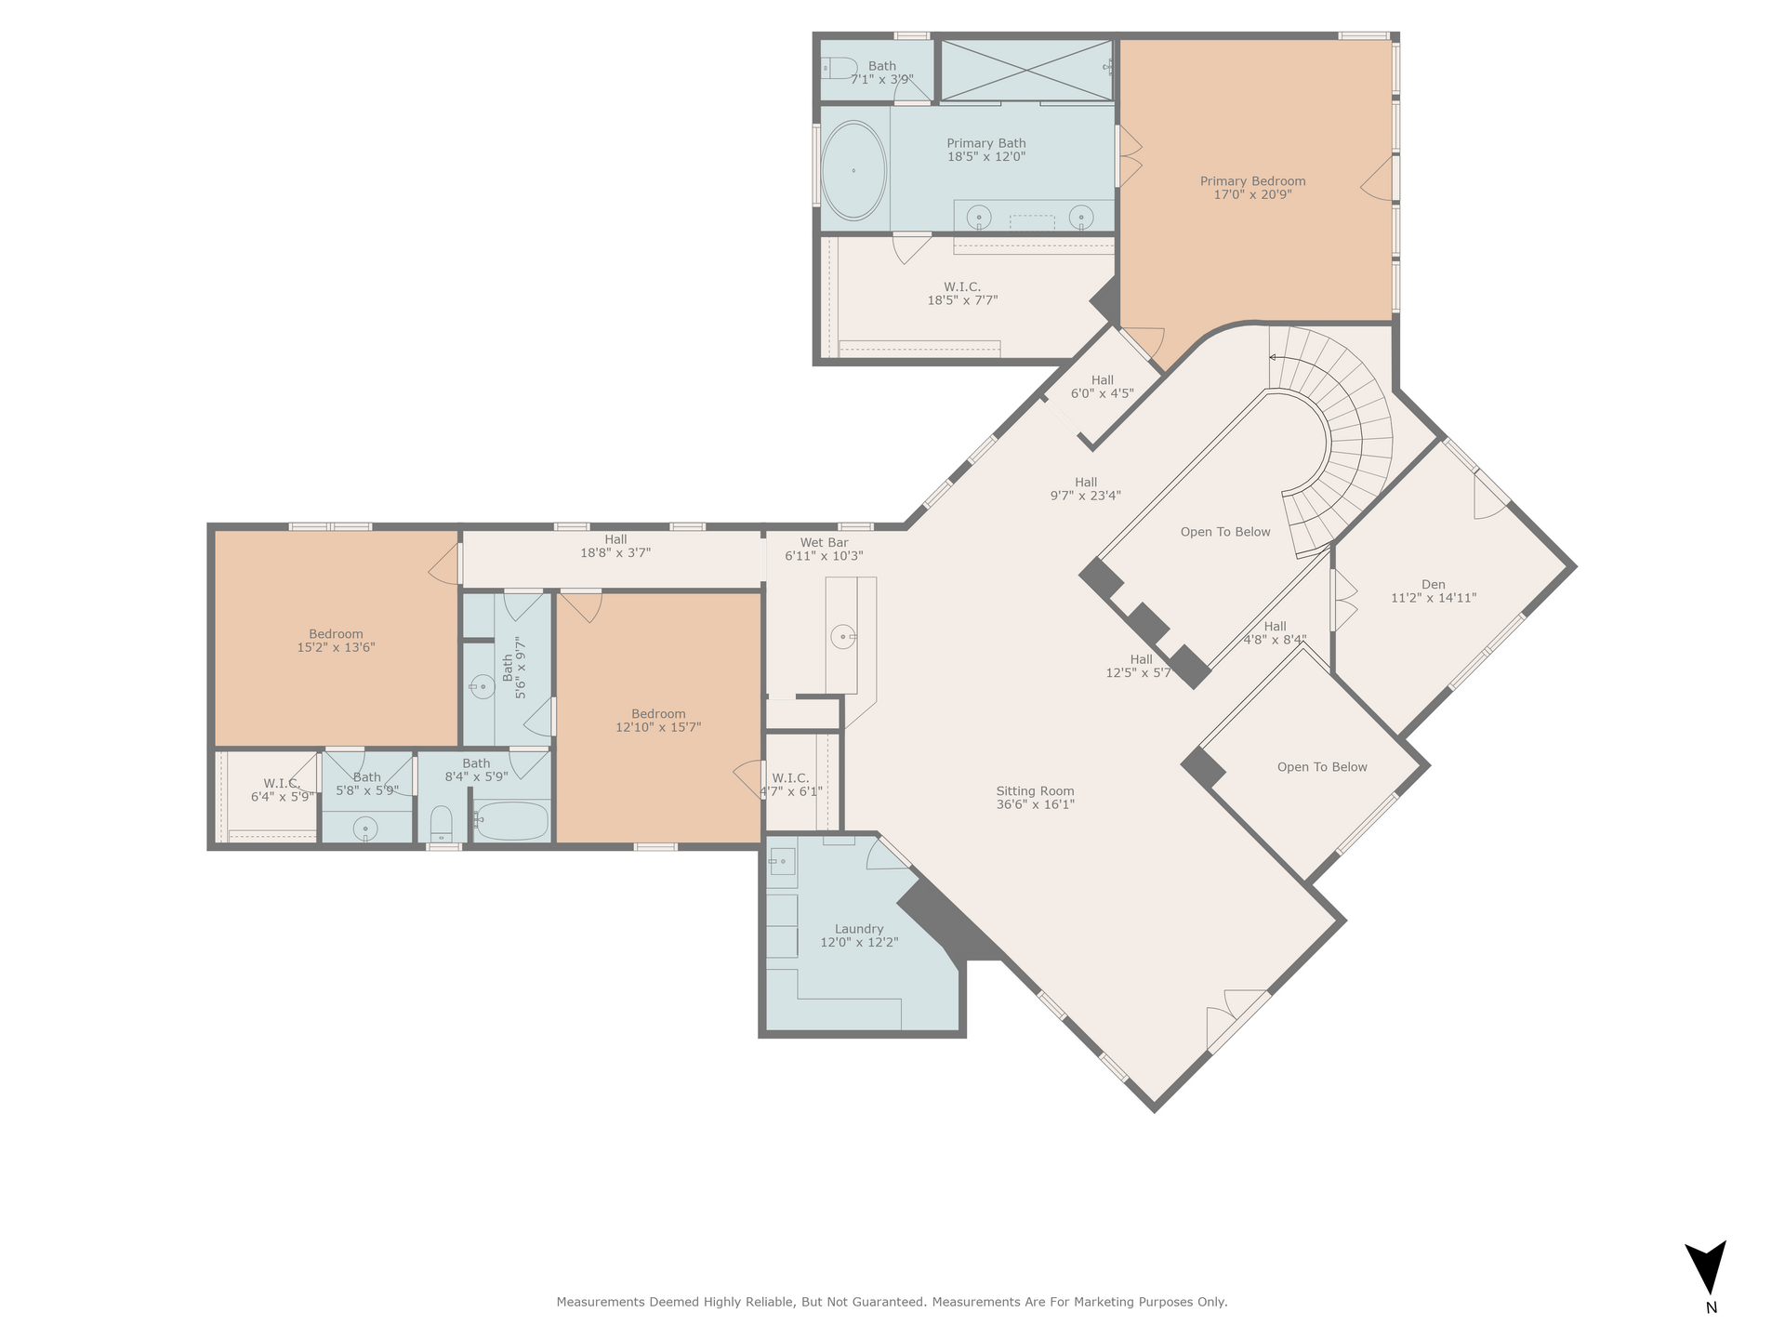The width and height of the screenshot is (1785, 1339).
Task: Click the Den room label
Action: pyautogui.click(x=1433, y=585)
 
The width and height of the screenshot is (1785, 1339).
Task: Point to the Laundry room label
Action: pyautogui.click(x=859, y=929)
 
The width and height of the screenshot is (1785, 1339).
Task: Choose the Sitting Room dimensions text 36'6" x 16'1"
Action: pyautogui.click(x=1035, y=804)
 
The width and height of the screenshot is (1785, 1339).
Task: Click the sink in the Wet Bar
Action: pyautogui.click(x=843, y=637)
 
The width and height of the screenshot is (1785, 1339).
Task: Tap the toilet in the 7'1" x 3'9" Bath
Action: pyautogui.click(x=839, y=68)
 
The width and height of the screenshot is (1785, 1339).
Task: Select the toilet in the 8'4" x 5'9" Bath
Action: pyautogui.click(x=442, y=824)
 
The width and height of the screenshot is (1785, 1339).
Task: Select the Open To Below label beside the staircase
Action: pyautogui.click(x=1225, y=532)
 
